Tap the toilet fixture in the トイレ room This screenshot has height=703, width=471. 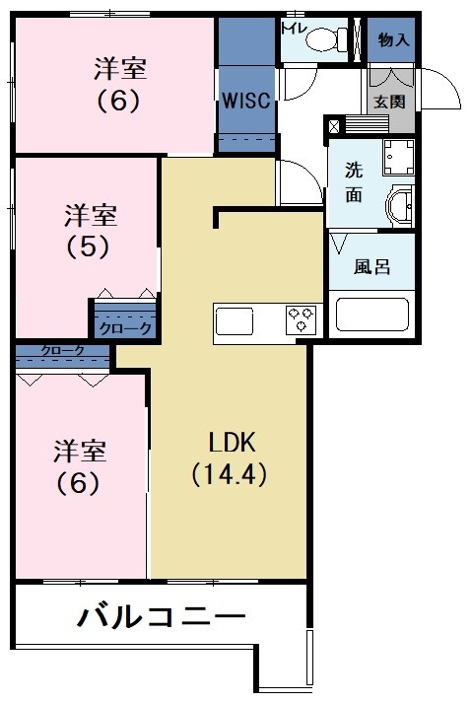(324, 40)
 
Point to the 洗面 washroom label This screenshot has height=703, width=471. (353, 181)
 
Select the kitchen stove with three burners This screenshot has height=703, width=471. (301, 320)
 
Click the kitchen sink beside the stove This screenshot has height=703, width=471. (235, 321)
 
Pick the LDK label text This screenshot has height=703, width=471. (230, 441)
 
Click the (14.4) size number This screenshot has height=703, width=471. (230, 473)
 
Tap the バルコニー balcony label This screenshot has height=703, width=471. (162, 619)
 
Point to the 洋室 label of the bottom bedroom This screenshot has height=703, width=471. (79, 453)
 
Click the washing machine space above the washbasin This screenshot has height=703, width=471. (398, 158)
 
